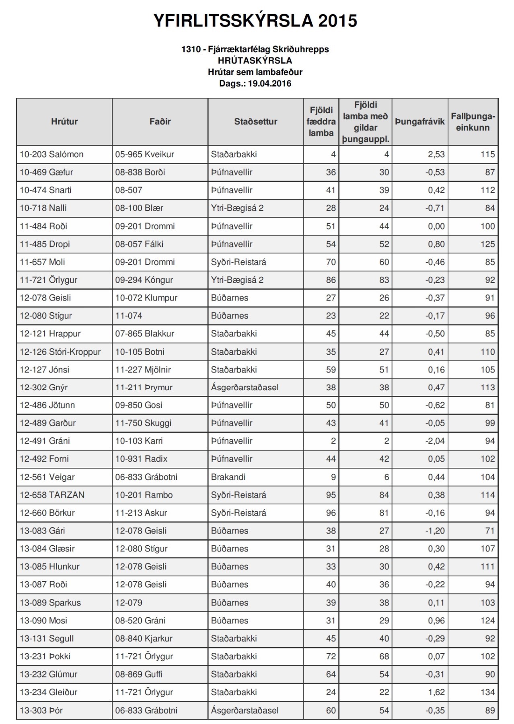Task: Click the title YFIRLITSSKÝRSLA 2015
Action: (x=255, y=21)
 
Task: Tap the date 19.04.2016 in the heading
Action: (x=269, y=84)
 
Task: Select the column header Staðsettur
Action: (x=256, y=121)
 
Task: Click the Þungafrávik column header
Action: (x=419, y=121)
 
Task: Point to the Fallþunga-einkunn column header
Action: (x=473, y=122)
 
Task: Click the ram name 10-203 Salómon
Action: (x=51, y=154)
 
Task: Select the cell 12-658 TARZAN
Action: (x=52, y=495)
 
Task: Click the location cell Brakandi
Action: (x=228, y=477)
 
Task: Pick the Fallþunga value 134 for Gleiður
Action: (x=487, y=692)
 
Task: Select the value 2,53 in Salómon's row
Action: (x=436, y=154)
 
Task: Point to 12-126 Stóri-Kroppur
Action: (x=60, y=352)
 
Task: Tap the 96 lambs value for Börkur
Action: (x=331, y=513)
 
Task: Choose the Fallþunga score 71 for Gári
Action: (x=489, y=531)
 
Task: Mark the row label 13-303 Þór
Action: (x=41, y=710)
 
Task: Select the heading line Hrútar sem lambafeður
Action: (x=255, y=72)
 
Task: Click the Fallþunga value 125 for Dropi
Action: (x=487, y=244)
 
